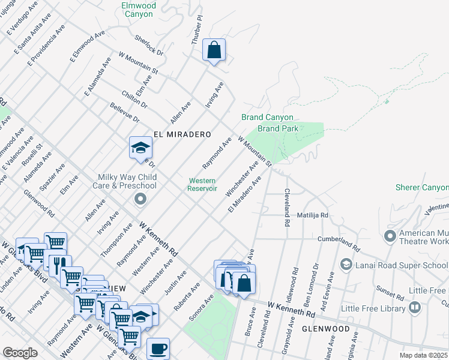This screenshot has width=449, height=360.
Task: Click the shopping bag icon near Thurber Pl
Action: point(214,51)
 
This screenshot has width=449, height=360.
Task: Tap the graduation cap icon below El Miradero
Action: point(140,149)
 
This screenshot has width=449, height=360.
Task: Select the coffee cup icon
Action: point(158,349)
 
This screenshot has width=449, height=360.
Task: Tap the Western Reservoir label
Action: point(203,184)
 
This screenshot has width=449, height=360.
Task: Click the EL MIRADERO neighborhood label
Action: point(182,135)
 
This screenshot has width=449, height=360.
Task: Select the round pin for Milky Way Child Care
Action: point(140,199)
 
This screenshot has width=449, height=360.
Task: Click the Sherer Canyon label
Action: point(422,187)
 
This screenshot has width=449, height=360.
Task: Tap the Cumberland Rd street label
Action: point(339,243)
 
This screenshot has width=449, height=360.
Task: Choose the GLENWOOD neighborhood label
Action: point(325,329)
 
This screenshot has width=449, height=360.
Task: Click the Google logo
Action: point(20,353)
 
